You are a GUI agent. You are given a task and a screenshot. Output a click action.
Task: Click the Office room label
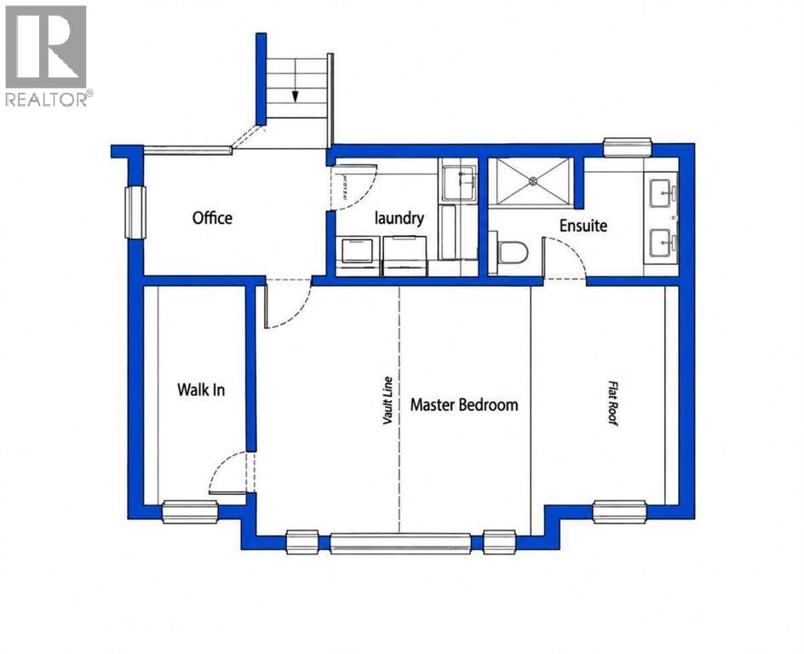212,218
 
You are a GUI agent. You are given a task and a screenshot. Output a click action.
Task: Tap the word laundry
399,218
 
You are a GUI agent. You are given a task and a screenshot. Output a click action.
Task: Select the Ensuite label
583,226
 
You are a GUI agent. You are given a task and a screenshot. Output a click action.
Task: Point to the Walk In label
201,389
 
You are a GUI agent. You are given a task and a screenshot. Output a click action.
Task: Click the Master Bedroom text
464,404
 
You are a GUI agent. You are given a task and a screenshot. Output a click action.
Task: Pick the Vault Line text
388,401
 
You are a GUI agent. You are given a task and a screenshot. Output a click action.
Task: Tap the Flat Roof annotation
612,403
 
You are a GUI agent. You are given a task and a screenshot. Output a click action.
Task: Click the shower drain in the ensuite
533,181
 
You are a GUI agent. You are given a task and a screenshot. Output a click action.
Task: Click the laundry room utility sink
460,183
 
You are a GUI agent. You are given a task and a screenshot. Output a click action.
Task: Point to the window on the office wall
135,212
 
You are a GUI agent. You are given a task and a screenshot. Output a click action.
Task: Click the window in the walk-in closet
190,513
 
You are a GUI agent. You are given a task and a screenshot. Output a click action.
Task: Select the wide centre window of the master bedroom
400,543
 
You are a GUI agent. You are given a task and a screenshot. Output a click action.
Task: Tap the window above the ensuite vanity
628,147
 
